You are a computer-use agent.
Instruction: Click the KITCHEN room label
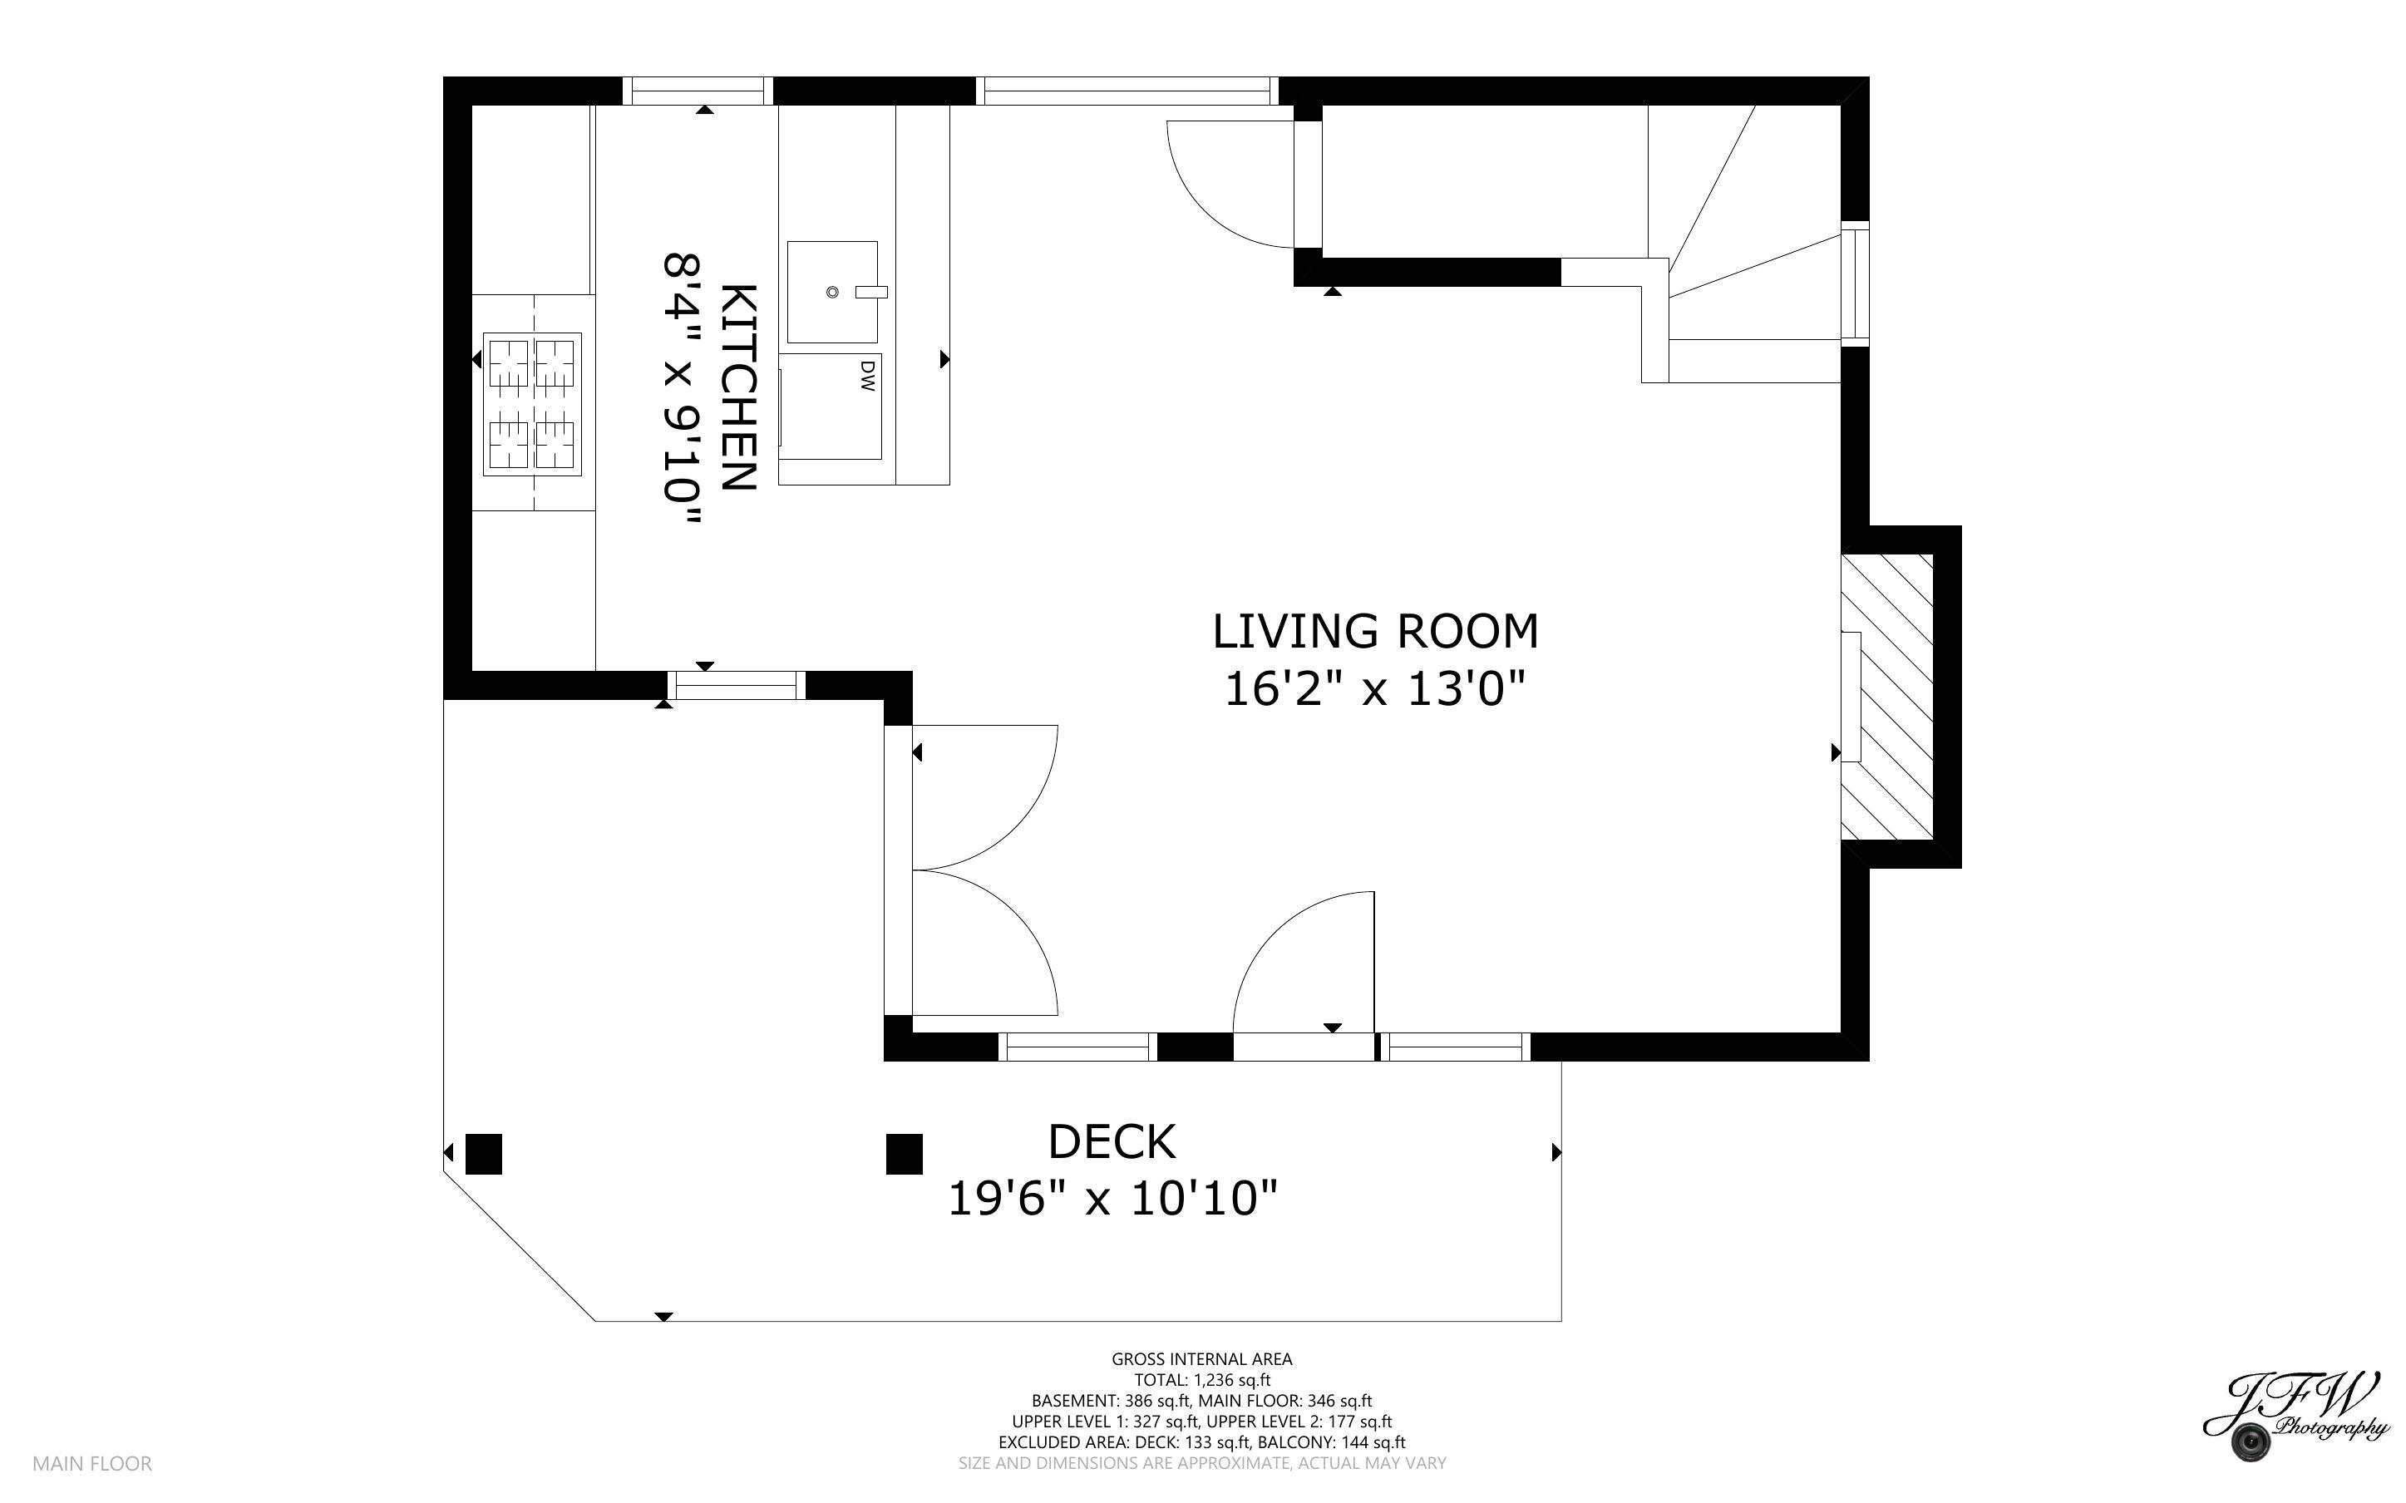click(739, 387)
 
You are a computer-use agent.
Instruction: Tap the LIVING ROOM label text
click(1375, 631)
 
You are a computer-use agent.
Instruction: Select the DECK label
click(1112, 1141)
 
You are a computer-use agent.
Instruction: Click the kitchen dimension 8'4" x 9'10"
click(683, 392)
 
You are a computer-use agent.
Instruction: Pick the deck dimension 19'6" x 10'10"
click(1112, 1198)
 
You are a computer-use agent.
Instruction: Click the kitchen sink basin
click(833, 291)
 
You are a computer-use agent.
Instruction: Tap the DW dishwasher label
click(866, 375)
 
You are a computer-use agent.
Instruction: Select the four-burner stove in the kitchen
click(532, 403)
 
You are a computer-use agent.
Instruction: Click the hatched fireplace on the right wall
click(1886, 696)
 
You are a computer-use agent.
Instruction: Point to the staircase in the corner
click(1744, 244)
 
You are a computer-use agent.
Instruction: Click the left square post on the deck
click(484, 1154)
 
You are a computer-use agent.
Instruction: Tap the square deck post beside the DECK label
click(905, 1154)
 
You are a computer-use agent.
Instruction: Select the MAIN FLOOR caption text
click(92, 1463)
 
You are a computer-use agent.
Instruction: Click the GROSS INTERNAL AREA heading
click(1201, 1359)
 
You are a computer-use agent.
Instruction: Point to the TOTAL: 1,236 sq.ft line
click(1202, 1380)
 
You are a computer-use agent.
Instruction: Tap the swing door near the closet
click(1230, 184)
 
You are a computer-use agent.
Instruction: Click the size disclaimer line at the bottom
click(1201, 1463)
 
